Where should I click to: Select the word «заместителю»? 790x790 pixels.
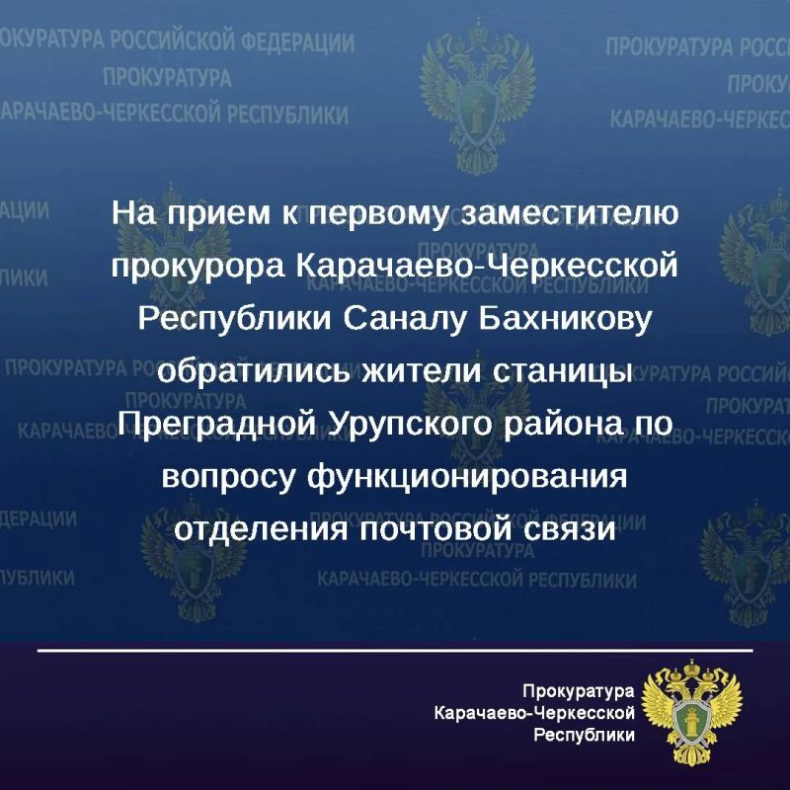570,213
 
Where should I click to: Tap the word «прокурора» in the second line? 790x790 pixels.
198,268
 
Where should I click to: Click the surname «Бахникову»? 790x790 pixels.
565,319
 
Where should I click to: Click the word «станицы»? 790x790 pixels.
562,373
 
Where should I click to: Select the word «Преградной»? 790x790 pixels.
217,424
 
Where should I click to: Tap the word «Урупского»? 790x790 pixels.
410,425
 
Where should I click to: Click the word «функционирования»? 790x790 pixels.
467,477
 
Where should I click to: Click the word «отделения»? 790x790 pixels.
261,529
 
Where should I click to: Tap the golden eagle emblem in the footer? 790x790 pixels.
692,711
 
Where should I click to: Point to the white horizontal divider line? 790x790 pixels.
395,651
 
